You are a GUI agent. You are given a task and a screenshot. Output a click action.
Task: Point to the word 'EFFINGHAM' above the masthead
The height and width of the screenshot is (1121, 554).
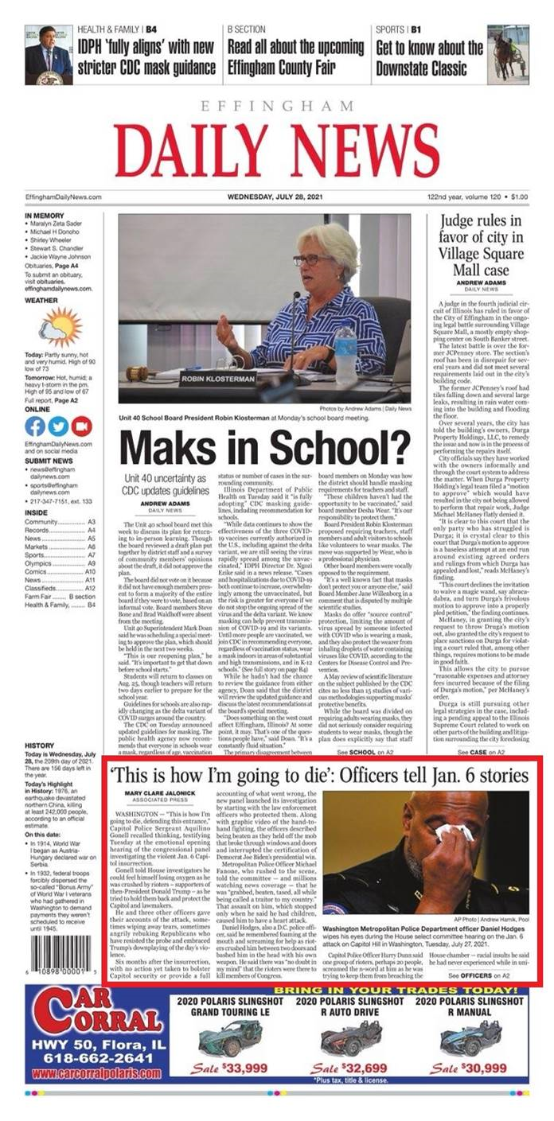(277, 107)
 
